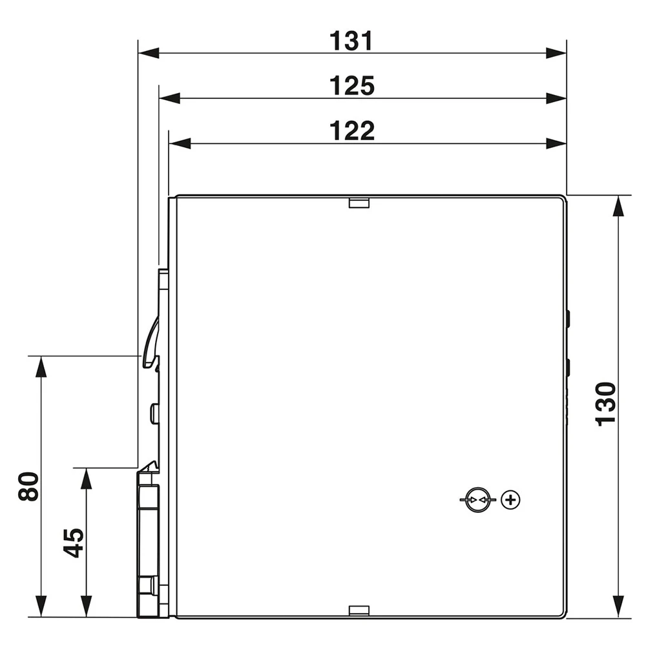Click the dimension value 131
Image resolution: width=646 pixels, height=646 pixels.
click(351, 41)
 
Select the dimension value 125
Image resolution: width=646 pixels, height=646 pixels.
click(351, 86)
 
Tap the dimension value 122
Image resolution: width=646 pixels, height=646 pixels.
click(351, 131)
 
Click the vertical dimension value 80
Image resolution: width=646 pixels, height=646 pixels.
click(28, 486)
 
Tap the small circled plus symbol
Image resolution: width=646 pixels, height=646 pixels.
click(510, 500)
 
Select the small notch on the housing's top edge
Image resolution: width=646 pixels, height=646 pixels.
click(359, 203)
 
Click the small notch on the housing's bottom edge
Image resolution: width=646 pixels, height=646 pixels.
click(359, 610)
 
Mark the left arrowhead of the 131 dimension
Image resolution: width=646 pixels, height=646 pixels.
click(149, 53)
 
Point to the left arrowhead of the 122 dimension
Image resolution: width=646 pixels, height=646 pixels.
click(180, 143)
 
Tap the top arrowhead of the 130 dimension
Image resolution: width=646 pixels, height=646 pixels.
click(618, 205)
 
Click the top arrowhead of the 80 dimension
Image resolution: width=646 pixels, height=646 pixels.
click(41, 366)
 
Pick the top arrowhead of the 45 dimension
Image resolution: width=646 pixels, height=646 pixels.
click(85, 478)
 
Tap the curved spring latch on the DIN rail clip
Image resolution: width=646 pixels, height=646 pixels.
click(149, 342)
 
